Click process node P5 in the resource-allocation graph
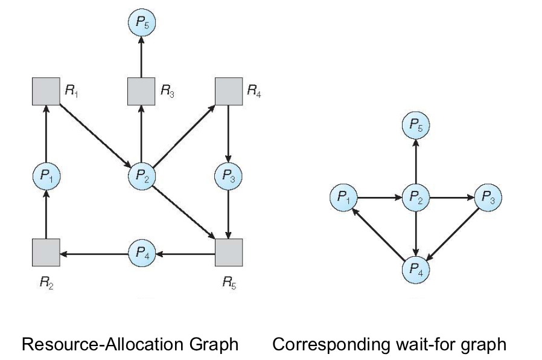(141, 24)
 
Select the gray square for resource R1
(46, 91)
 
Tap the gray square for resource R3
(141, 91)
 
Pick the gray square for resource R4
(229, 91)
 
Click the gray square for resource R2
(46, 252)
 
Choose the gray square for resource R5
(229, 252)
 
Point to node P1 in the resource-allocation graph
(46, 176)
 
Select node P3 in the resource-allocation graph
(229, 176)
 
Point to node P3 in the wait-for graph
(488, 197)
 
